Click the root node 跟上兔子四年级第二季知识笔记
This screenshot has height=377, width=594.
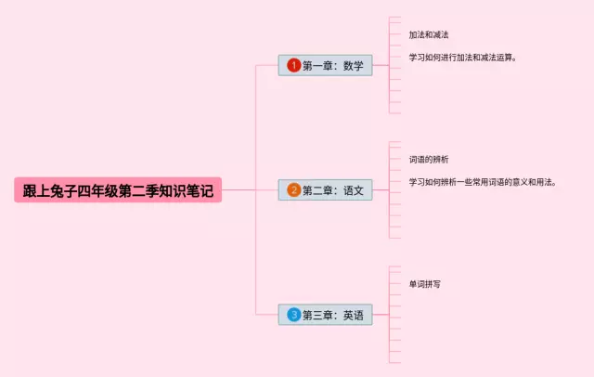click(118, 190)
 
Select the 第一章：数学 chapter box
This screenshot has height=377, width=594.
click(325, 66)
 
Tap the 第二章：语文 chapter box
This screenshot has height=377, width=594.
click(325, 190)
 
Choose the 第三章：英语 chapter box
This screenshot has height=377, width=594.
click(325, 315)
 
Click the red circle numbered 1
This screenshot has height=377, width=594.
click(293, 66)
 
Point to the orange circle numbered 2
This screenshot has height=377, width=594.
click(293, 190)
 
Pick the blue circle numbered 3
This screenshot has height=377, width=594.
click(293, 315)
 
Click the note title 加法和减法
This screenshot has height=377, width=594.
click(429, 35)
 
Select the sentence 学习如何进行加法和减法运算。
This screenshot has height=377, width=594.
click(462, 58)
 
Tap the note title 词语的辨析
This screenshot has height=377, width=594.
click(429, 160)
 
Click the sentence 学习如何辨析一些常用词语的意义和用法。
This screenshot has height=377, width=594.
click(483, 182)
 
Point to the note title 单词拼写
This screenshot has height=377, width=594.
click(425, 284)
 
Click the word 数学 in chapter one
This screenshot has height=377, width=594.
click(353, 66)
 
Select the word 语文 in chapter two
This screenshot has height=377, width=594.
click(353, 190)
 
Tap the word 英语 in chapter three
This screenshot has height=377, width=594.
click(353, 315)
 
